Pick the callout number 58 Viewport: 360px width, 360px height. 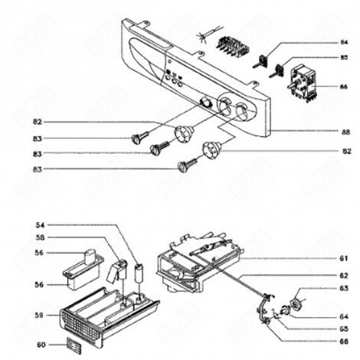pos(41,238)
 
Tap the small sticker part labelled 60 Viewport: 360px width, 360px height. pos(72,343)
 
